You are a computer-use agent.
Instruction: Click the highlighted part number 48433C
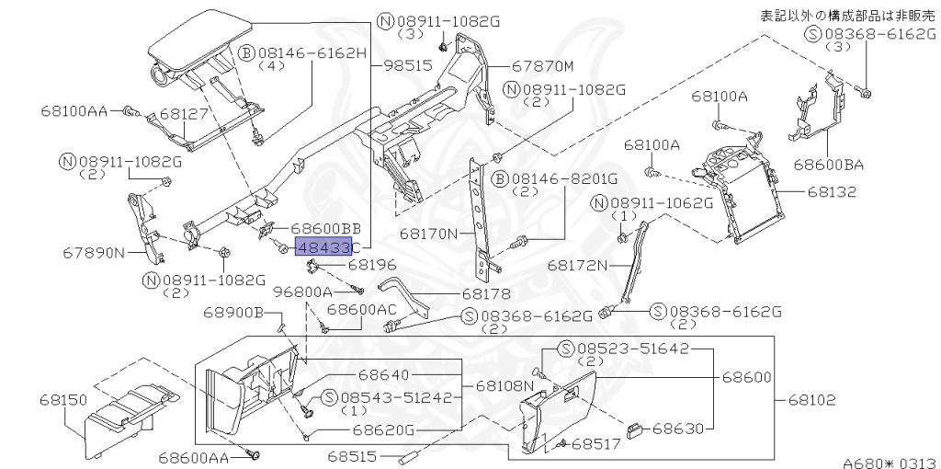327,246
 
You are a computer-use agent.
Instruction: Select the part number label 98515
407,67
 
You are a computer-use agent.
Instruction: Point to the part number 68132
832,193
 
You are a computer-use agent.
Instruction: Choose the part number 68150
63,400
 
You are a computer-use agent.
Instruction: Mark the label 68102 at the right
811,401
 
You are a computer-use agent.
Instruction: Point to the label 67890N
95,252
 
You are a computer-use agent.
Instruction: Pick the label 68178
486,294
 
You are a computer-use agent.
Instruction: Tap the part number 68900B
235,315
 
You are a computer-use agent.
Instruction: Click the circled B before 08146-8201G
502,177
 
